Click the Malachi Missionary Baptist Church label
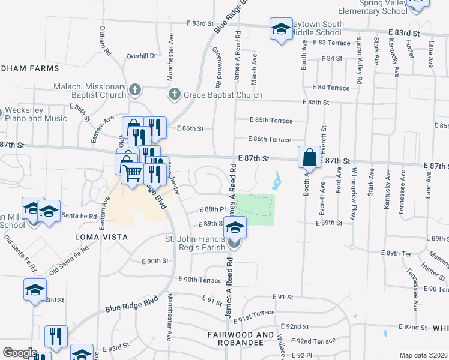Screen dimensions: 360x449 89,91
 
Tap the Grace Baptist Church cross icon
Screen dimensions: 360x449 174,94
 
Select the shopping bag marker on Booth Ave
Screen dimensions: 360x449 309,158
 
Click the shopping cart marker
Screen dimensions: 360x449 132,173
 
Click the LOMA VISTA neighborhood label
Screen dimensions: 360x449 101,237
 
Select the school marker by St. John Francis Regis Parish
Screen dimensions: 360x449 235,228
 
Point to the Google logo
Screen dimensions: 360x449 19,353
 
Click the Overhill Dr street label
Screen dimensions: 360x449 141,56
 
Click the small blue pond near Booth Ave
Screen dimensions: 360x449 277,179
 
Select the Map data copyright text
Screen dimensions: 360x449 423,355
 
